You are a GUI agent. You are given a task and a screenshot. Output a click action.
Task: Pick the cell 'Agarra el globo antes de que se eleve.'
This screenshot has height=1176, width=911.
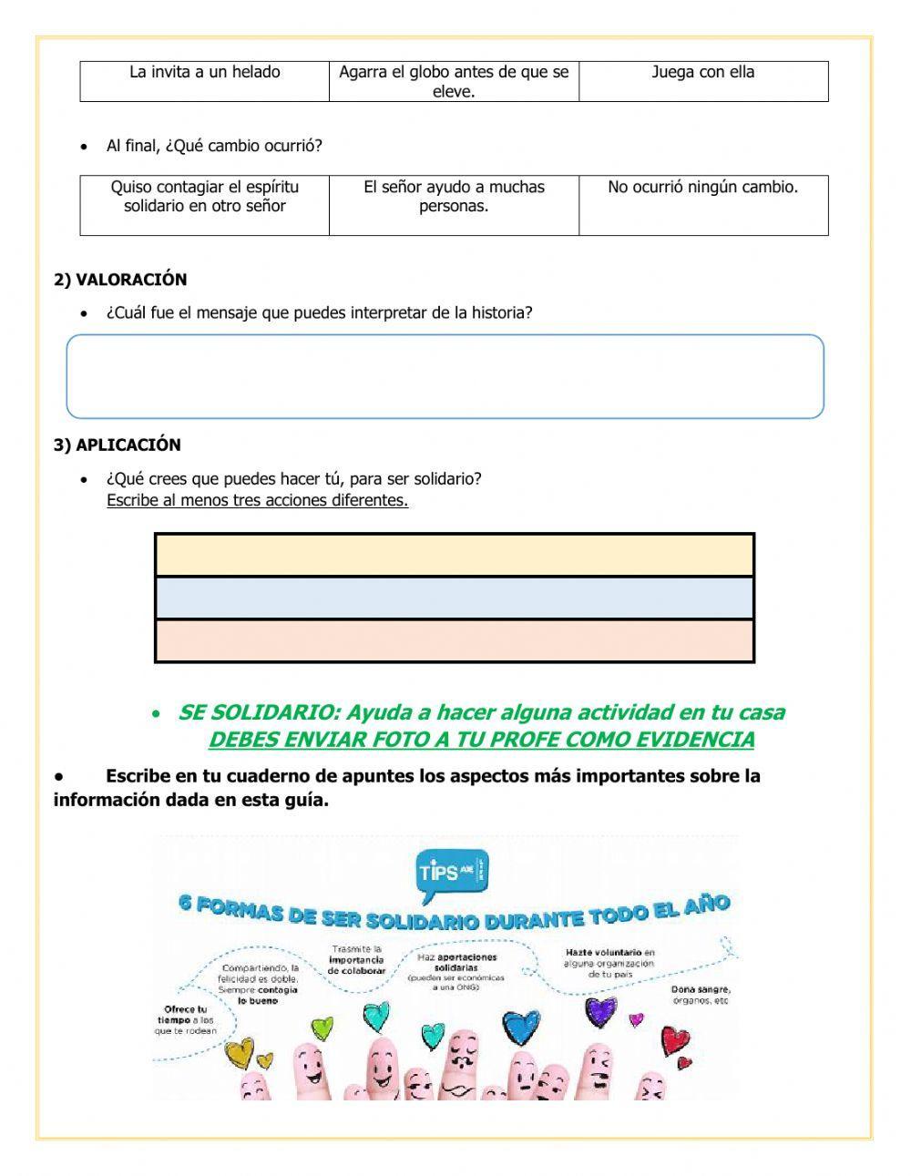pos(454,81)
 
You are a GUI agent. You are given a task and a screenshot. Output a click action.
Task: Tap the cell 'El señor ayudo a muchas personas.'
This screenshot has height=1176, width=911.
pos(454,197)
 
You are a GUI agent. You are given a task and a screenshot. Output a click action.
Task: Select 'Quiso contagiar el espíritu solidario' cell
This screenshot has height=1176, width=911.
pos(205,197)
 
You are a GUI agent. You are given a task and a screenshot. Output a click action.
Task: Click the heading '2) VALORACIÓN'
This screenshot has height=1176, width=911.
pos(120,280)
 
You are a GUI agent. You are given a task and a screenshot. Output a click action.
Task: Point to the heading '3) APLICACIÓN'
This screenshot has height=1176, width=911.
pos(118,445)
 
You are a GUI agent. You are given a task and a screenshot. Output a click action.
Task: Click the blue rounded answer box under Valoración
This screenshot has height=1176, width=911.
pos(445,376)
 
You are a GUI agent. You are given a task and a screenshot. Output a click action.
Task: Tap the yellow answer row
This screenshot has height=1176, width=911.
pos(454,555)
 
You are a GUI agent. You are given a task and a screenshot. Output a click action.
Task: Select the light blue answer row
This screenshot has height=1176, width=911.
pos(454,598)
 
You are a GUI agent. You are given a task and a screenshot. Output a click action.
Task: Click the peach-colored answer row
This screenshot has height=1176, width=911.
pos(454,641)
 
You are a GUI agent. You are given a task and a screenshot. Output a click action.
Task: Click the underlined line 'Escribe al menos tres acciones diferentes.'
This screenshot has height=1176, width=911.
pos(257,500)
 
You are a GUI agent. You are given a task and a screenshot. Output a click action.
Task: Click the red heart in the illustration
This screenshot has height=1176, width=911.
pos(675,1039)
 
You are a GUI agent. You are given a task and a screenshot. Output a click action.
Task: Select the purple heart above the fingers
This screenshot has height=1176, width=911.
pos(600,1010)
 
